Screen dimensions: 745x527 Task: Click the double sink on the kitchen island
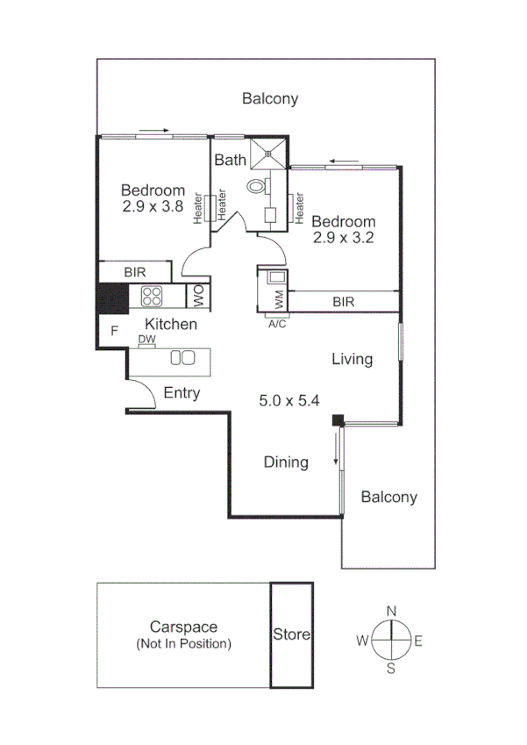coord(182,357)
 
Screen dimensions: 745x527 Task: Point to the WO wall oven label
coord(197,296)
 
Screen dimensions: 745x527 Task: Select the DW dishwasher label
coord(146,339)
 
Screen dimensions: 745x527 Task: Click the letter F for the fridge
coord(114,331)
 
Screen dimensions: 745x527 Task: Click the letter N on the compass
coord(392,611)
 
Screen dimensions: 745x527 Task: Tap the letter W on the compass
coord(361,641)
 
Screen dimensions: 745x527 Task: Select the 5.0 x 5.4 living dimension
coord(288,400)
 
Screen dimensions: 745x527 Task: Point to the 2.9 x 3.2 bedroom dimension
coord(344,237)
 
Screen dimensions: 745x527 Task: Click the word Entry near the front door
coord(182,393)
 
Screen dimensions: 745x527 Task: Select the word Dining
coord(286,462)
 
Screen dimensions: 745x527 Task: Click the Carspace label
coord(183,627)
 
